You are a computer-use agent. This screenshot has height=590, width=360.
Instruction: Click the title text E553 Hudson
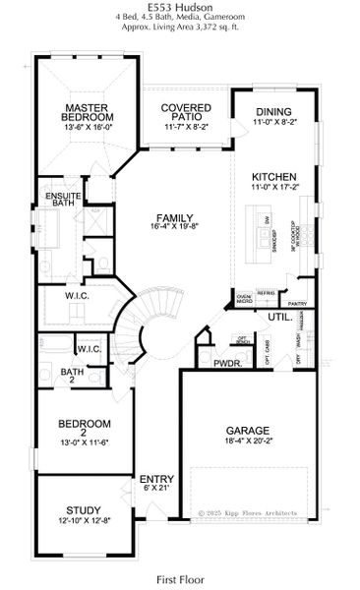(180, 7)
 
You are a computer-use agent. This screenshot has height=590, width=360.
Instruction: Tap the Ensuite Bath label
(62, 202)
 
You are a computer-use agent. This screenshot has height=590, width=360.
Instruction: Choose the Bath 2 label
(72, 377)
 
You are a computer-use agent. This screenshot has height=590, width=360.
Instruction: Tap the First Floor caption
(180, 581)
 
